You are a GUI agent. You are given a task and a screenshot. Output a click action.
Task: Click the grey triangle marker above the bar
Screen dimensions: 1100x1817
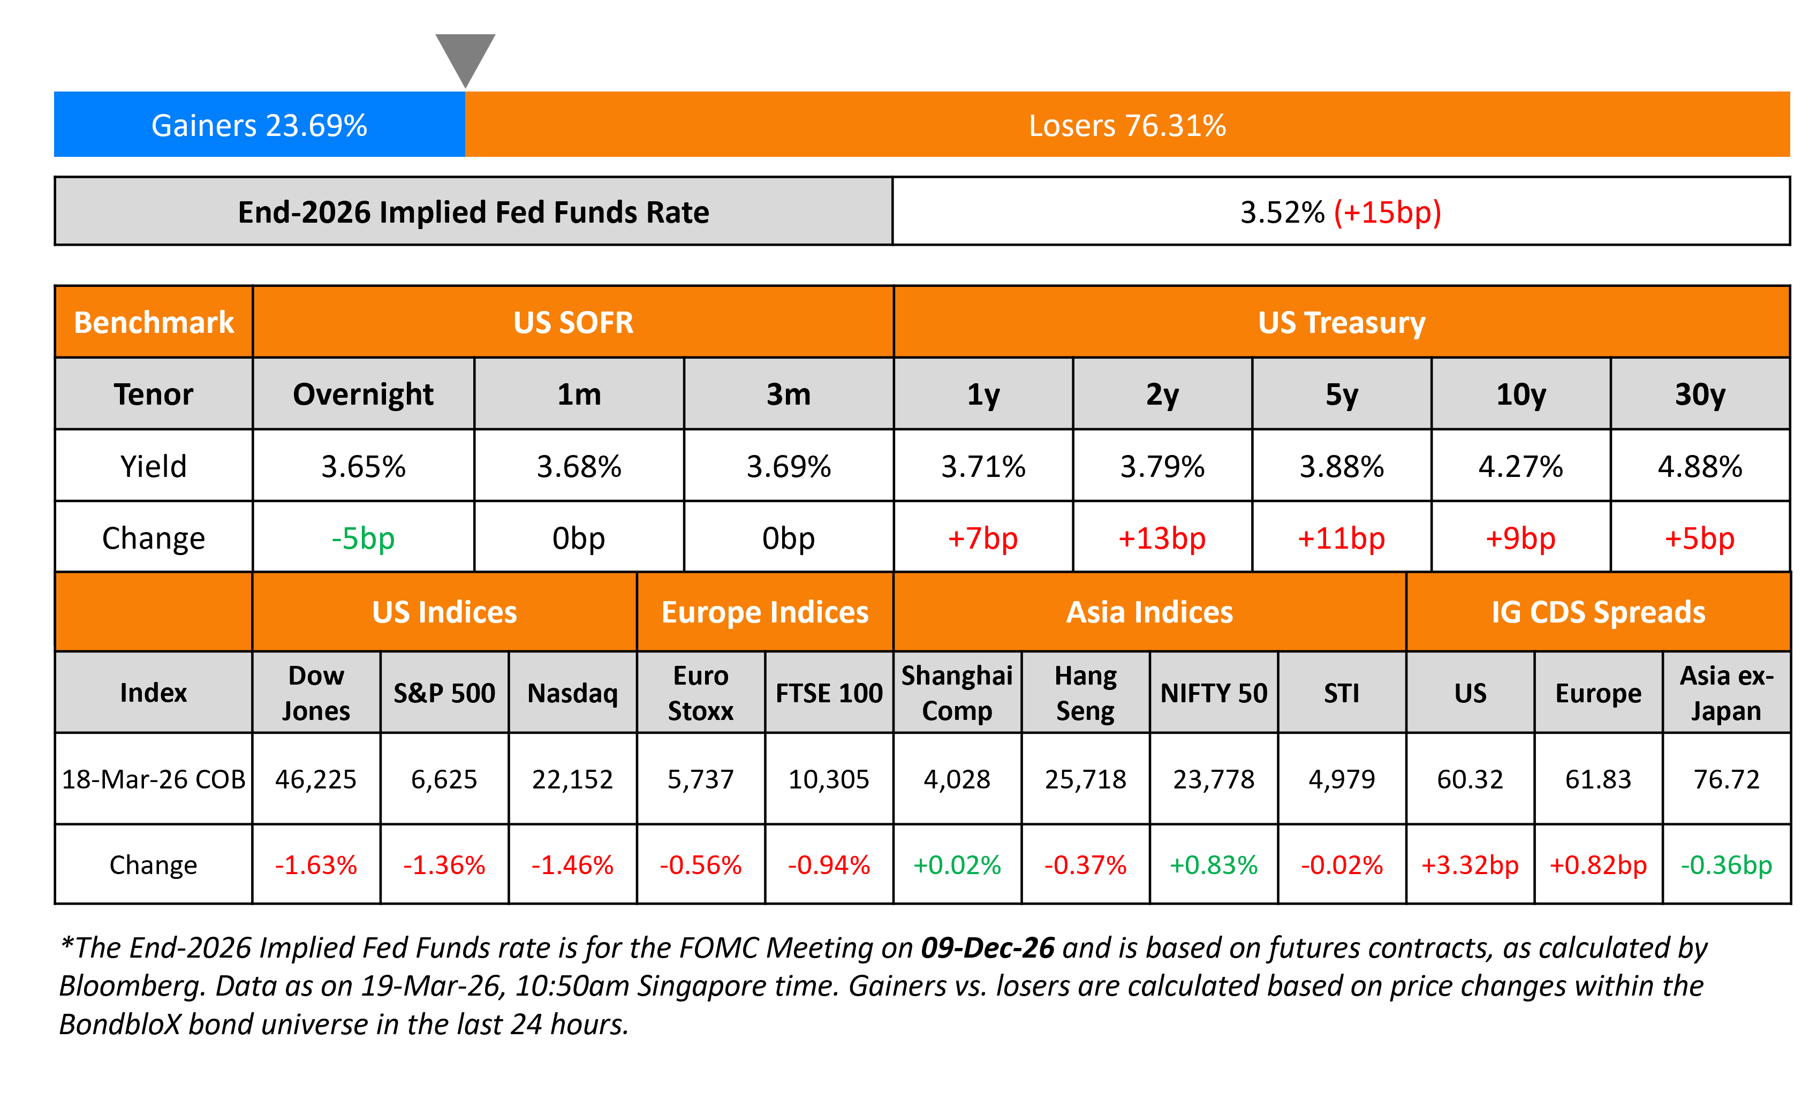pyautogui.click(x=465, y=55)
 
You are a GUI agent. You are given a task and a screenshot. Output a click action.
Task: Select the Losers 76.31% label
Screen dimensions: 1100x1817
pyautogui.click(x=1127, y=125)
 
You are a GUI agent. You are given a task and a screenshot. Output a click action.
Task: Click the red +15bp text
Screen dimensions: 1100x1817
pyautogui.click(x=1387, y=213)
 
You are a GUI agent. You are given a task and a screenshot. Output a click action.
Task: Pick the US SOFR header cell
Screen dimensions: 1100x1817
pyautogui.click(x=573, y=322)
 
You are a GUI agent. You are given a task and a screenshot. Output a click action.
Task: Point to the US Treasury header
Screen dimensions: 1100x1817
pyautogui.click(x=1342, y=322)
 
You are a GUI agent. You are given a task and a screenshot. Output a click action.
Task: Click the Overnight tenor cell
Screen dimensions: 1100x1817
pyautogui.click(x=363, y=395)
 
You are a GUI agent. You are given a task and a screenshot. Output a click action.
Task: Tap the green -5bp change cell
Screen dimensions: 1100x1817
pyautogui.click(x=363, y=538)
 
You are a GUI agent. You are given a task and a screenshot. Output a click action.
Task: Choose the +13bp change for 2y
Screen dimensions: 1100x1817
pyautogui.click(x=1162, y=538)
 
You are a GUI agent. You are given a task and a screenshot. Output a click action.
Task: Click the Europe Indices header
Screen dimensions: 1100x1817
pyautogui.click(x=764, y=612)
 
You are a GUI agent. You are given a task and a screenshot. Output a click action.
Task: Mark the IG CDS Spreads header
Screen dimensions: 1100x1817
pyautogui.click(x=1598, y=612)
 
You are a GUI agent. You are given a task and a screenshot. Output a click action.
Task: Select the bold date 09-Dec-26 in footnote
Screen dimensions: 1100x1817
pyautogui.click(x=987, y=948)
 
